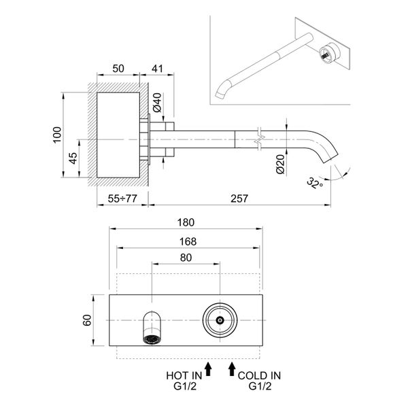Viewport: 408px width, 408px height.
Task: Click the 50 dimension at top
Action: [x=118, y=69]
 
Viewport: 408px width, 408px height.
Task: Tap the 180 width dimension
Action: [x=186, y=222]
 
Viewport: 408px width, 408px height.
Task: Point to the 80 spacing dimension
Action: [x=186, y=258]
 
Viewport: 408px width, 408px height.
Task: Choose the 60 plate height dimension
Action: [x=87, y=320]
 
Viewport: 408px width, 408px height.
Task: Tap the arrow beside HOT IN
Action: [x=209, y=369]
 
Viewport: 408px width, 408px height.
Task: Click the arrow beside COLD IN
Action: [x=233, y=369]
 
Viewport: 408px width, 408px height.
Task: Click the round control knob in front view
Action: [x=220, y=319]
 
